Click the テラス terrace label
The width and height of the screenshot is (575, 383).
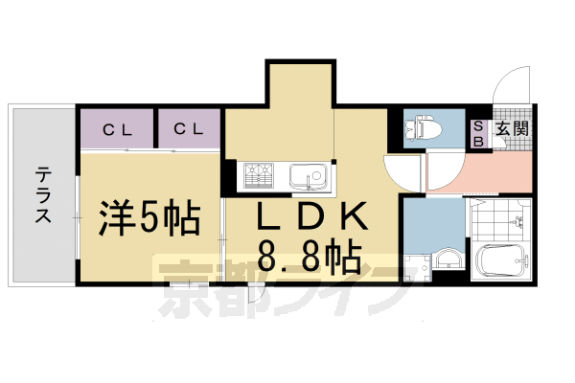coord(43,194)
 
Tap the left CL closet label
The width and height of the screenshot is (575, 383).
coord(118,130)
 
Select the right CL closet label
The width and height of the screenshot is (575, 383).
coord(189,128)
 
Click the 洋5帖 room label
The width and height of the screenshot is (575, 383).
coord(149,218)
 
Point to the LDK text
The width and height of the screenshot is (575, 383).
coord(311,215)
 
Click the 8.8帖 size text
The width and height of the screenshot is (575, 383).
coord(310,257)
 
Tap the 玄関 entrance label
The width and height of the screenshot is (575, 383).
coord(512,129)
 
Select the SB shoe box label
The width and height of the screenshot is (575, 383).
coord(478,134)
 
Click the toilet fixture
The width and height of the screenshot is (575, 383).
coord(423,127)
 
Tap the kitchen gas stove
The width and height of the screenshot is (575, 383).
coord(259,176)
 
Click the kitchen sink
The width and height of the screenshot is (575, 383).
coord(308,176)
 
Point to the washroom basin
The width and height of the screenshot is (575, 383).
coord(448,258)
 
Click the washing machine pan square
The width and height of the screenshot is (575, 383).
coord(417,267)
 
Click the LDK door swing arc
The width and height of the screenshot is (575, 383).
coord(402,173)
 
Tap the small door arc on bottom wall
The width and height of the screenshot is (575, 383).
coord(256,294)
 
